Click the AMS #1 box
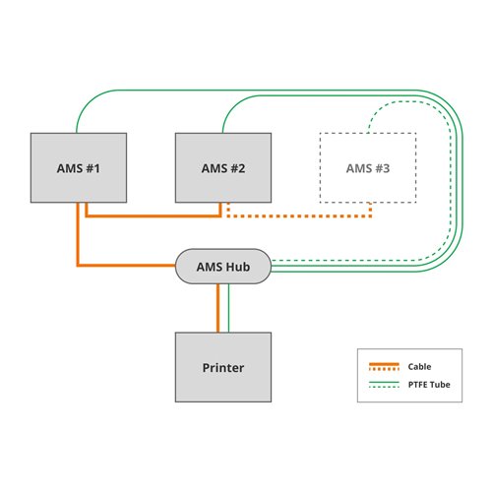pos(79,167)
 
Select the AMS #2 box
pos(223,167)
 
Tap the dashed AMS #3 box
pos(368,167)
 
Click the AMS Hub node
pos(223,267)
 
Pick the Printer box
pos(223,367)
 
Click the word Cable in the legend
pos(419,367)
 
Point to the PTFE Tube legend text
pos(429,385)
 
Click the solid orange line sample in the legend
pos(384,364)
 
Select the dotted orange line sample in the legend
pos(384,369)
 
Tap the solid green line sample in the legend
pos(384,382)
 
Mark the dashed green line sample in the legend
pos(384,387)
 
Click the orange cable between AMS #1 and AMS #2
pos(154,216)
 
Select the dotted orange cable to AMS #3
pos(299,216)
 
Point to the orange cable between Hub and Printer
pos(217,308)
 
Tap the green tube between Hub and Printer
pos(228,308)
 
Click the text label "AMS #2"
pos(223,168)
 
